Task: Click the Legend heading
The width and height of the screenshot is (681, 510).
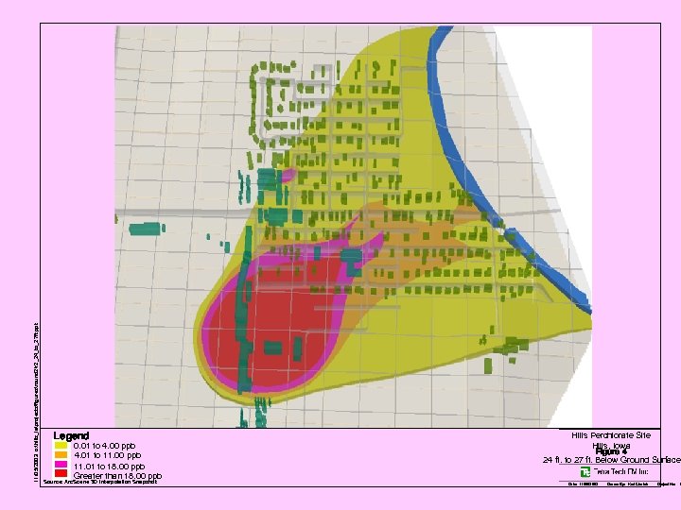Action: point(71,435)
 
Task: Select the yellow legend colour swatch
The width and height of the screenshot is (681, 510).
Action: point(61,446)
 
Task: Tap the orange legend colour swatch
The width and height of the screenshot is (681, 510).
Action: point(61,456)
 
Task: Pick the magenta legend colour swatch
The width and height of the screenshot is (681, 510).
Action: point(61,467)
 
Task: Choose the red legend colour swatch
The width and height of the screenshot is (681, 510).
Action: point(61,476)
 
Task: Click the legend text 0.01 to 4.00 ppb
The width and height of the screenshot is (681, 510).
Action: point(104,446)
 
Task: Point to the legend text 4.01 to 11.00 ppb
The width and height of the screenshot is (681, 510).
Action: point(107,456)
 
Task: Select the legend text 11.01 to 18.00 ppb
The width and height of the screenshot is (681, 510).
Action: point(109,467)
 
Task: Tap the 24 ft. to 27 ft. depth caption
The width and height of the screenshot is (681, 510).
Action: point(611,460)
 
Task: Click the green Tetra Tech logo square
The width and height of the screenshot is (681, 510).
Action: point(586,471)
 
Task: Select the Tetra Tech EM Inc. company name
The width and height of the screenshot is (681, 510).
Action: point(620,471)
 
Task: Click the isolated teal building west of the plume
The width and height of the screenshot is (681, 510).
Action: point(146,228)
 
